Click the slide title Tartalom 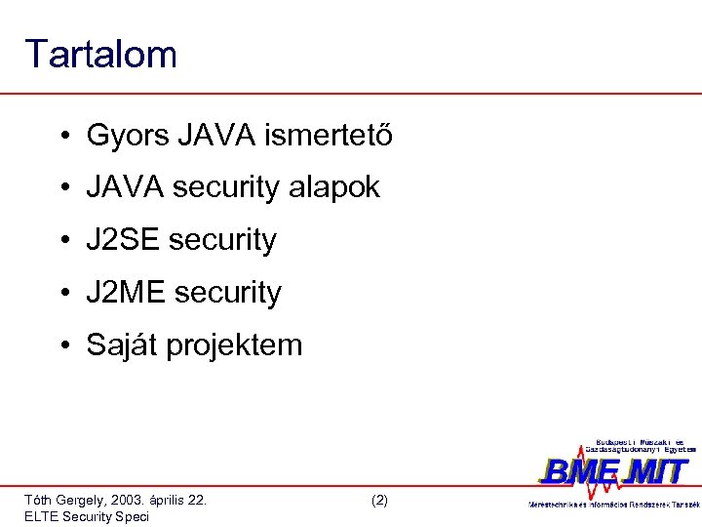(x=101, y=55)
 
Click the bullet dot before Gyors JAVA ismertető (x=61, y=136)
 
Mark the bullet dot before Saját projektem (x=61, y=345)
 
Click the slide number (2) (x=379, y=500)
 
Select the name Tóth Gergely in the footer (x=61, y=500)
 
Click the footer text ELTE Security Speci (x=87, y=516)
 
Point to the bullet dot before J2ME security (x=61, y=293)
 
